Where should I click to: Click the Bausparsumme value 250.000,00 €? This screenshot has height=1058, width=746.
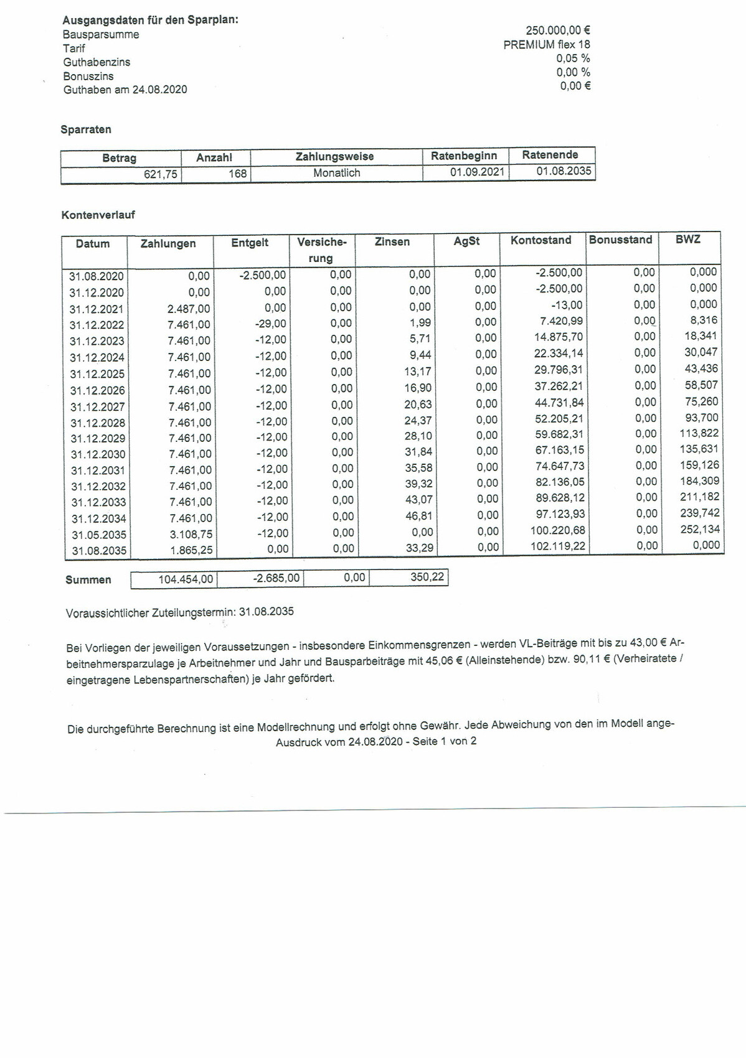tap(558, 30)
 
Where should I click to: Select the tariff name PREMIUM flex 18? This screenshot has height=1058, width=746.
tap(546, 45)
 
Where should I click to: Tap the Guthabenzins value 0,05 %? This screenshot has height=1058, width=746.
tap(573, 59)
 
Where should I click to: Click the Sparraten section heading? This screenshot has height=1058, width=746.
tap(86, 129)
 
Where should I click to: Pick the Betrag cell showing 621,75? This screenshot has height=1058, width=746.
tap(160, 175)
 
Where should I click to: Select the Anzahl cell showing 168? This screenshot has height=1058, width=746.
tap(237, 174)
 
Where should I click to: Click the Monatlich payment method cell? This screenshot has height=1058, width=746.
tap(336, 173)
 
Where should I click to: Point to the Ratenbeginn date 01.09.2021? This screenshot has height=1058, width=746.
tap(477, 172)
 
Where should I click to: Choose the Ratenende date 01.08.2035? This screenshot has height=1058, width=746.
tap(564, 171)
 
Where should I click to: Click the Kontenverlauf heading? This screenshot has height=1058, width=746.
tap(98, 215)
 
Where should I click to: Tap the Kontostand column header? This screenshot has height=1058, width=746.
tap(541, 240)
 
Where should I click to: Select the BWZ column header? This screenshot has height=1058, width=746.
tap(687, 239)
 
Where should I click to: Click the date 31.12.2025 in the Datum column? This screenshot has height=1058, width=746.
tap(97, 374)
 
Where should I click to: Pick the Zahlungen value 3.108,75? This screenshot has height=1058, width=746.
tap(191, 534)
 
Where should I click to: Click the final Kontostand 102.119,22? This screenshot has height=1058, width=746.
tap(558, 546)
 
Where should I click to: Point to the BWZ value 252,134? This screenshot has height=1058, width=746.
tap(699, 529)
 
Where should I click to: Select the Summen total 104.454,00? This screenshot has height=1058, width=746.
tap(185, 579)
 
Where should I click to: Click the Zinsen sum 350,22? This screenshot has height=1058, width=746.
tap(427, 577)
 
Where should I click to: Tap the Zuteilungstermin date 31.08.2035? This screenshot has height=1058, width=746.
tap(266, 611)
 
